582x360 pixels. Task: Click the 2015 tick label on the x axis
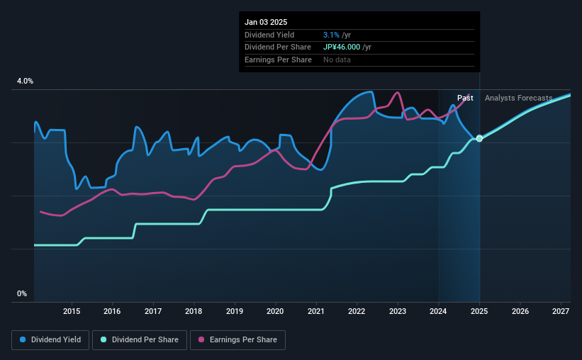tap(72, 311)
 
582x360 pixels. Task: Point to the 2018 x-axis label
tap(194, 311)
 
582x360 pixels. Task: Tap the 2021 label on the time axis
tap(316, 311)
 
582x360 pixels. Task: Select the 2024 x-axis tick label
tap(439, 311)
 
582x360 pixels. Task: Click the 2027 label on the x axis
tap(561, 311)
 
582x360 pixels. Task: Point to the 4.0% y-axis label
tap(25, 81)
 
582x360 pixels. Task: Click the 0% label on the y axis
tap(22, 293)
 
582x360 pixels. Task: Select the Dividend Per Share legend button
tap(143, 340)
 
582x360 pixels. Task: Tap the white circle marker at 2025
tap(479, 138)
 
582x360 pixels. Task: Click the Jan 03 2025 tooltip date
tap(266, 23)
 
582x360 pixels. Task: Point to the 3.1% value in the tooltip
tap(330, 35)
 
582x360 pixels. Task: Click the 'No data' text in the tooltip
tap(337, 60)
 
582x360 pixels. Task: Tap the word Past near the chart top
tap(465, 98)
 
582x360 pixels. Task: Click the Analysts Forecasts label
tap(518, 98)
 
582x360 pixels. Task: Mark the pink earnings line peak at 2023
tap(397, 93)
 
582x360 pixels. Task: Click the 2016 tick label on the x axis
tap(112, 311)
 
